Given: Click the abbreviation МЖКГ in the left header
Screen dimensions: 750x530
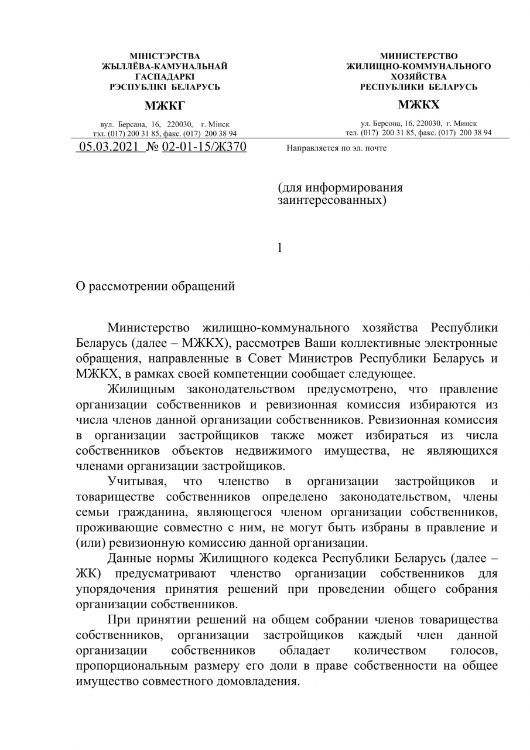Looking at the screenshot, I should pos(165,105).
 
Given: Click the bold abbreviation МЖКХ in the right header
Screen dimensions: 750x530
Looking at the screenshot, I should pos(419,105).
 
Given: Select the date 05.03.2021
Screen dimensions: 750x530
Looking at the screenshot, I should pos(110,147).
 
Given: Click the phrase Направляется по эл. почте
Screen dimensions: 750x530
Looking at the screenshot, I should pos(337,148).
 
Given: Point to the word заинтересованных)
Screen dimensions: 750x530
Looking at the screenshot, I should pos(332,200).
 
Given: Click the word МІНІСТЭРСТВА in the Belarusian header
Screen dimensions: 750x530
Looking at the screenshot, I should pos(165,56).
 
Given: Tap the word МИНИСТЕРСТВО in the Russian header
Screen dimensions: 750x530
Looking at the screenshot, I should pos(419,56).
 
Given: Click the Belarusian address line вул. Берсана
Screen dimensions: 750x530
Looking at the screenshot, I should pos(165,125).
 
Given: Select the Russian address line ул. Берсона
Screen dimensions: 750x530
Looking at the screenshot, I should pos(419,124).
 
